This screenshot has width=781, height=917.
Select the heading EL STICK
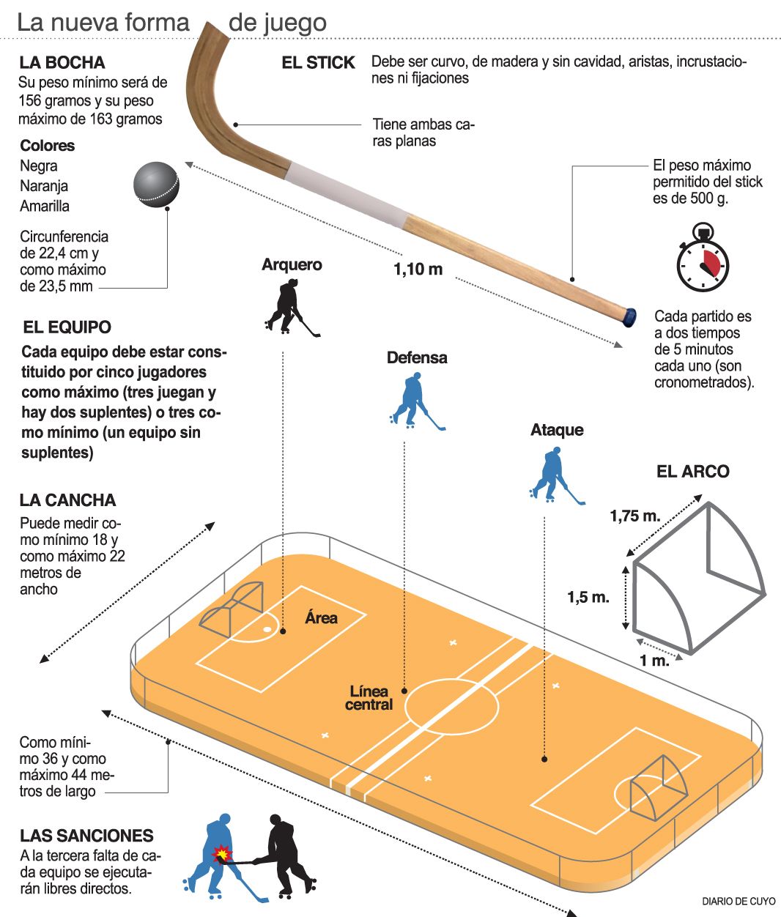coord(318,63)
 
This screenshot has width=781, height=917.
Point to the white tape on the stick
coord(345,193)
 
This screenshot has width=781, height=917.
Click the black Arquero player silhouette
coord(288,306)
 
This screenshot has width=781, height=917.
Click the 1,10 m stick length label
coord(418,270)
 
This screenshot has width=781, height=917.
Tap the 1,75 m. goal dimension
coord(634,516)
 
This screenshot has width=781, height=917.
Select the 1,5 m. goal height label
coord(588,597)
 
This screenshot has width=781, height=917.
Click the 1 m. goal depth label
coord(654,661)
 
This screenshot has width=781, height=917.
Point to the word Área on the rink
coord(321,618)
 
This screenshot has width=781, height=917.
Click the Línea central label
coord(369,698)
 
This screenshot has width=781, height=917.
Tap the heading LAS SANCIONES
coord(86,836)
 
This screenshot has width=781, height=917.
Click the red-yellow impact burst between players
coord(221,854)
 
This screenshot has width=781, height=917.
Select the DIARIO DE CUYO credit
coord(738,902)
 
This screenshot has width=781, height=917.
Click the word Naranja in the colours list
coord(44,186)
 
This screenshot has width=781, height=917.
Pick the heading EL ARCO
coord(692,472)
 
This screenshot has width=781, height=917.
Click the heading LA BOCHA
coord(62,63)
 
